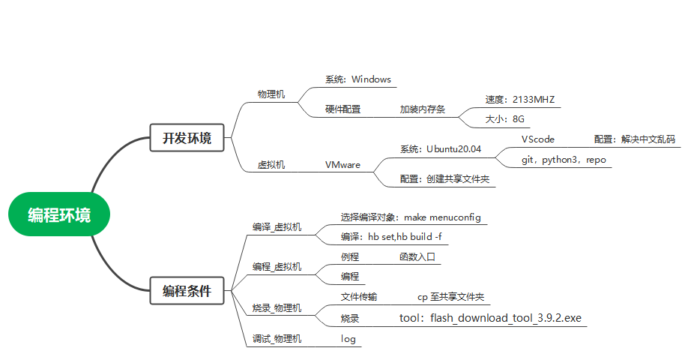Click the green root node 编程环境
pyautogui.click(x=59, y=215)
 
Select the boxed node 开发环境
pyautogui.click(x=187, y=138)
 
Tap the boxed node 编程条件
pyautogui.click(x=187, y=291)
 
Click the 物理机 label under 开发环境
pyautogui.click(x=271, y=94)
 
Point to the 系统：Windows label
pyautogui.click(x=357, y=79)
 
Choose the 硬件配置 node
pyautogui.click(x=343, y=109)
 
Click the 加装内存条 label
pyautogui.click(x=422, y=109)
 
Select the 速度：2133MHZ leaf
pyautogui.click(x=519, y=99)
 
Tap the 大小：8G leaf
pyautogui.click(x=504, y=119)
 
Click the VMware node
pyautogui.click(x=343, y=164)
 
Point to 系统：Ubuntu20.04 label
pyautogui.click(x=440, y=149)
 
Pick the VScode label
pyautogui.click(x=538, y=139)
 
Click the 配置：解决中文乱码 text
pyautogui.click(x=634, y=139)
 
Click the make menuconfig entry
pyautogui.click(x=442, y=217)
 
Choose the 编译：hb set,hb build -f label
pyautogui.click(x=390, y=237)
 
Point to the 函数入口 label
pyautogui.click(x=417, y=256)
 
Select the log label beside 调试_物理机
pyautogui.click(x=348, y=339)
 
